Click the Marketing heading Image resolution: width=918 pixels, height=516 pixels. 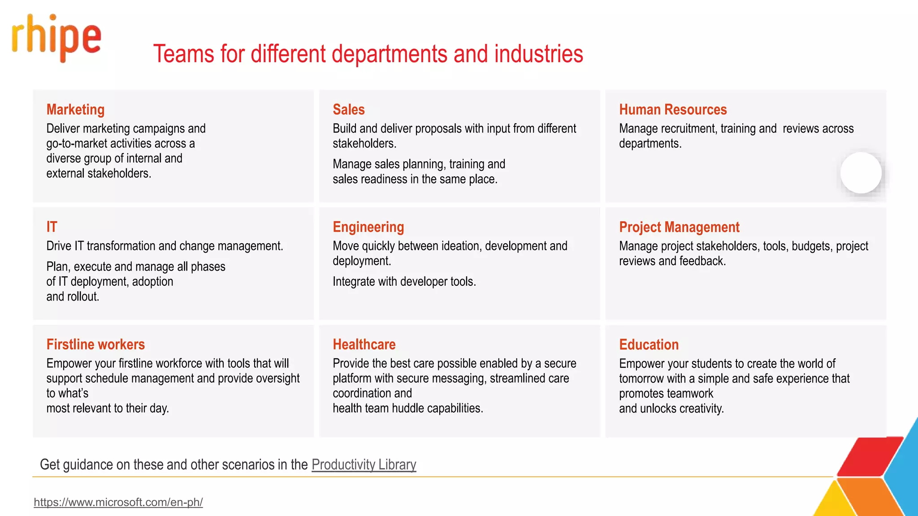(75, 110)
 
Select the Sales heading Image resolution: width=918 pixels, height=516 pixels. (348, 110)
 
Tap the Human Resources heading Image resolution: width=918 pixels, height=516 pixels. (672, 110)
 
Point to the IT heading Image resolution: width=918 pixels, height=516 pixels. (52, 227)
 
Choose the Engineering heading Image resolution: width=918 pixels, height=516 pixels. (368, 227)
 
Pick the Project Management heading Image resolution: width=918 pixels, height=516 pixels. (679, 227)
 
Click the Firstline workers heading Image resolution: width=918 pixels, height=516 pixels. (95, 344)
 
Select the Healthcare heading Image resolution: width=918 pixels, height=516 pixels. (364, 344)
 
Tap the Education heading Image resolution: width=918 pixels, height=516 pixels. (649, 344)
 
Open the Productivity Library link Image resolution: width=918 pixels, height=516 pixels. (364, 464)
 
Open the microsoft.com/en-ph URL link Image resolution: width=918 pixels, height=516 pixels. (118, 502)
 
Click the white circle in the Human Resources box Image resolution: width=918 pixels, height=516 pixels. (861, 173)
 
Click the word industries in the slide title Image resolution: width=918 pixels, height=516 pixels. (538, 54)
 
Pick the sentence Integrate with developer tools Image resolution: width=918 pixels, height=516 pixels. (404, 282)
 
